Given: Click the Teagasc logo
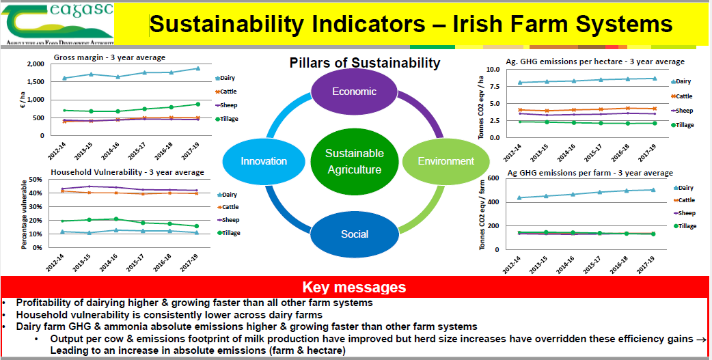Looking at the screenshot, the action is [57, 24].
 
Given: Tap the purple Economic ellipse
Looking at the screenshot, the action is [354, 92].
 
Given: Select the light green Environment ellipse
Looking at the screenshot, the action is [446, 161].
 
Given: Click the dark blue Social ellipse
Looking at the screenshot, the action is [354, 234].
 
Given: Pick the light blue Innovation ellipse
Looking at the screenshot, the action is [264, 161].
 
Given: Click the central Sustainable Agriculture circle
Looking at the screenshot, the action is [354, 162].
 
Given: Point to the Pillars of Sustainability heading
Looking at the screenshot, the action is [365, 63].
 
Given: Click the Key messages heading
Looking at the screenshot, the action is [354, 288].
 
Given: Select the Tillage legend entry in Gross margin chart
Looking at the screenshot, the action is [227, 119].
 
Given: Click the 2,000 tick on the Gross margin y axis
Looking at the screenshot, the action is [36, 64].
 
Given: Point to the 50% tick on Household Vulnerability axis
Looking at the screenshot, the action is [35, 180].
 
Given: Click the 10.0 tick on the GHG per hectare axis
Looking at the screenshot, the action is [493, 70].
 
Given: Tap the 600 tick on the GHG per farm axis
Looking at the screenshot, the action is [493, 178].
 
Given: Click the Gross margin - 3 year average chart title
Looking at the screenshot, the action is [109, 57].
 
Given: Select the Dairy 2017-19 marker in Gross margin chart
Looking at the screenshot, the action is [197, 68].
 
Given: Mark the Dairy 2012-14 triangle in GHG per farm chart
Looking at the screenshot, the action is [519, 197].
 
